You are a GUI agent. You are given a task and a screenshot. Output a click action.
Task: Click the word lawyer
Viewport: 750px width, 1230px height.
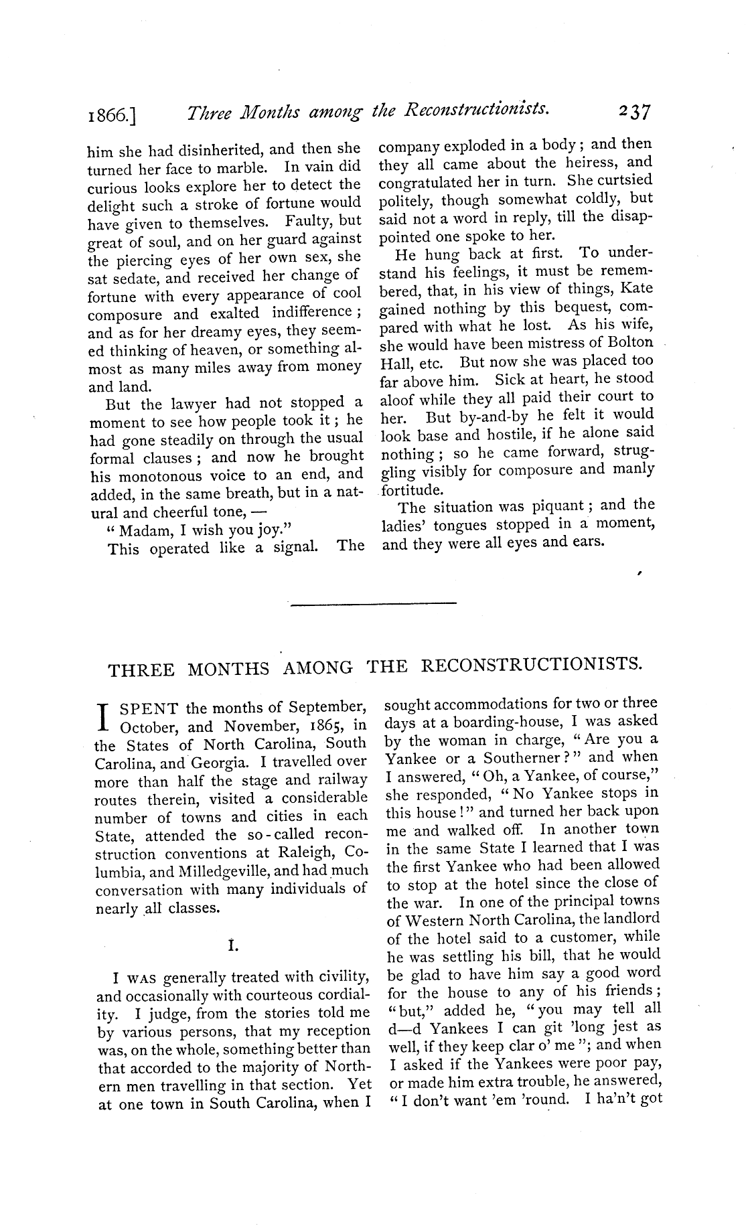point(184,404)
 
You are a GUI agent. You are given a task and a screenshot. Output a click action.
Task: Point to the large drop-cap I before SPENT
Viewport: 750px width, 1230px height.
point(102,716)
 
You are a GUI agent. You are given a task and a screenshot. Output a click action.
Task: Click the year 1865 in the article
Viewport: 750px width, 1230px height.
point(325,725)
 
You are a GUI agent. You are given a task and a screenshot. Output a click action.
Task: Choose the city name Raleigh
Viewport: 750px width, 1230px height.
point(309,853)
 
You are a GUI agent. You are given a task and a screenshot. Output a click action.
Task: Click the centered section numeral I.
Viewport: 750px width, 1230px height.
point(232,946)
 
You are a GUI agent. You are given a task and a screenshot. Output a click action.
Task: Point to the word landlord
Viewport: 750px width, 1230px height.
point(630,919)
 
